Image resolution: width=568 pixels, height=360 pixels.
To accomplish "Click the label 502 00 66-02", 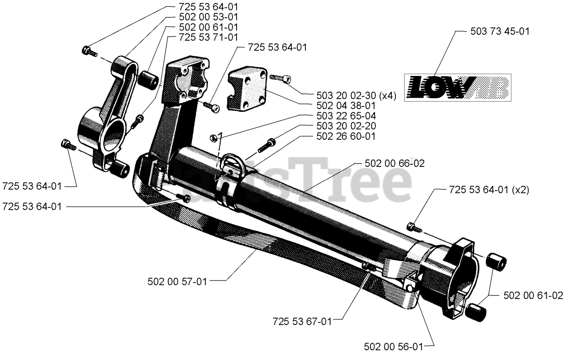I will point(394,163).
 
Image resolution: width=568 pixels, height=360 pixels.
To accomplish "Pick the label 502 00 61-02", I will point(533,295).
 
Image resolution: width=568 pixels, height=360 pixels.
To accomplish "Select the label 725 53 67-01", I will point(302,321).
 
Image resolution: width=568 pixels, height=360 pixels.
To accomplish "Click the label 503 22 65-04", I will point(346,116).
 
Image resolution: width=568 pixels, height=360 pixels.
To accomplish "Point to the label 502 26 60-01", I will point(346,136).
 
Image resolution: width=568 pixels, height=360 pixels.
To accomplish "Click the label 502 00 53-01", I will point(208,17).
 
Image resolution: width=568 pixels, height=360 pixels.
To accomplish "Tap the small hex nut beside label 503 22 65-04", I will point(213,137).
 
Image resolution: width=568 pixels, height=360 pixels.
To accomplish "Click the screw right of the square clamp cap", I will point(280,79).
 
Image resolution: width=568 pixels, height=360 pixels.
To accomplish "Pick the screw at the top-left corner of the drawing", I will point(89,51).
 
